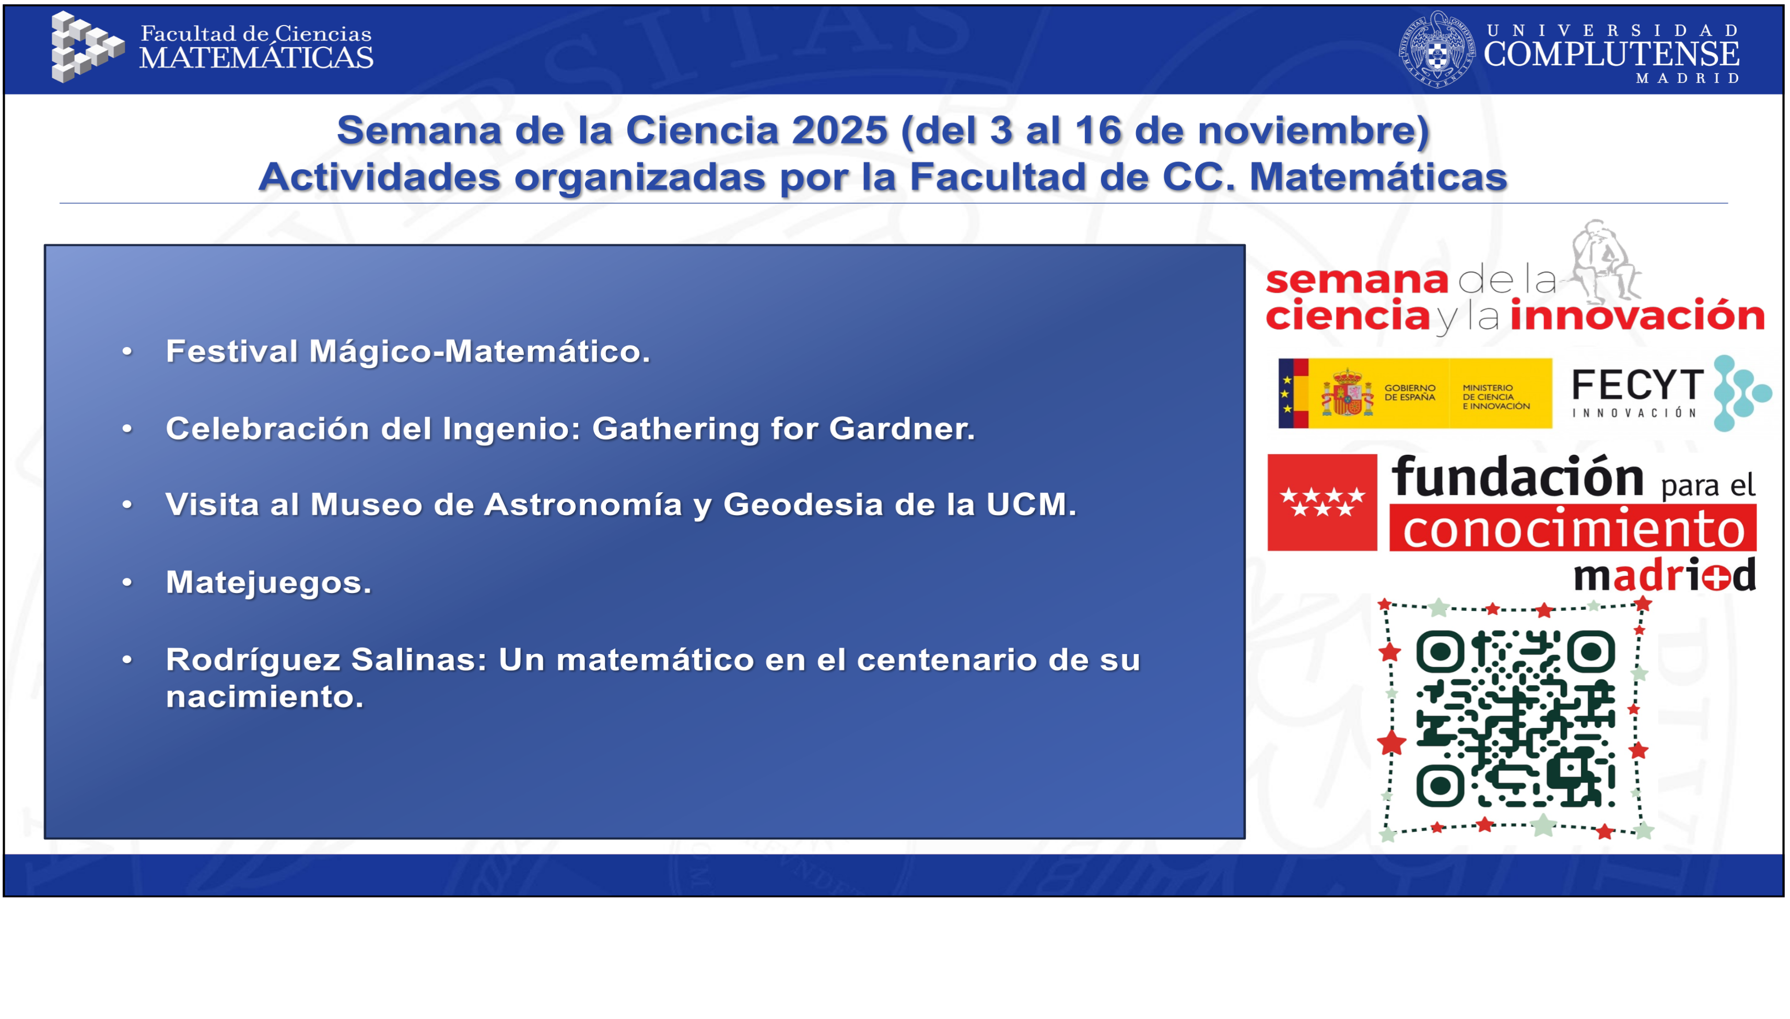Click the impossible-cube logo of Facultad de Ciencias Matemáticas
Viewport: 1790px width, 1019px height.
pyautogui.click(x=86, y=47)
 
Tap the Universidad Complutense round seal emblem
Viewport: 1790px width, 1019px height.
pyautogui.click(x=1436, y=50)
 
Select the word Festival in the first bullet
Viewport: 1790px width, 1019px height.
pyautogui.click(x=232, y=351)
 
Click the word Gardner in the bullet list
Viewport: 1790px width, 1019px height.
pyautogui.click(x=901, y=428)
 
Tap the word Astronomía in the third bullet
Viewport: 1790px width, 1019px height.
pyautogui.click(x=582, y=505)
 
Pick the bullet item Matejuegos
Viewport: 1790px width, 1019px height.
pyautogui.click(x=268, y=582)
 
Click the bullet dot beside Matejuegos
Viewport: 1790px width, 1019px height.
pyautogui.click(x=127, y=582)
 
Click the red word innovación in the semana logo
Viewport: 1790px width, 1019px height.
pyautogui.click(x=1636, y=316)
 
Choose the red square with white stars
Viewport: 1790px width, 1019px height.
pyautogui.click(x=1321, y=503)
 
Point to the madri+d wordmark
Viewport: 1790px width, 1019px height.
pyautogui.click(x=1665, y=575)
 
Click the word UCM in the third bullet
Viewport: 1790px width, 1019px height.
pyautogui.click(x=1031, y=505)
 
